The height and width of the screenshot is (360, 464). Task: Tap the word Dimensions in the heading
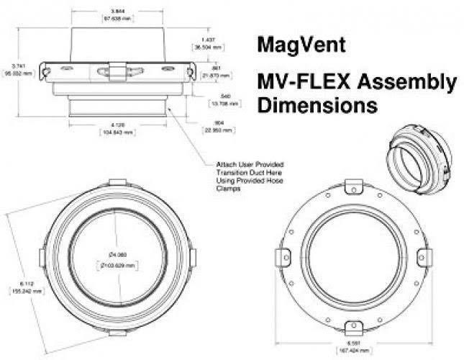[x=317, y=107]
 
